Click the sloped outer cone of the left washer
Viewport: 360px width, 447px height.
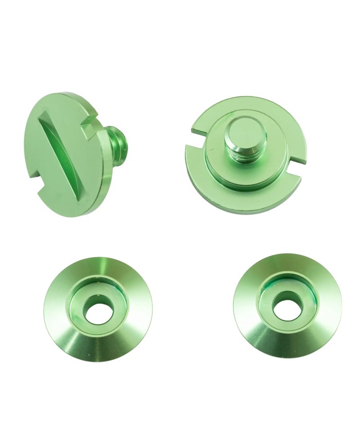point(67,334)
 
